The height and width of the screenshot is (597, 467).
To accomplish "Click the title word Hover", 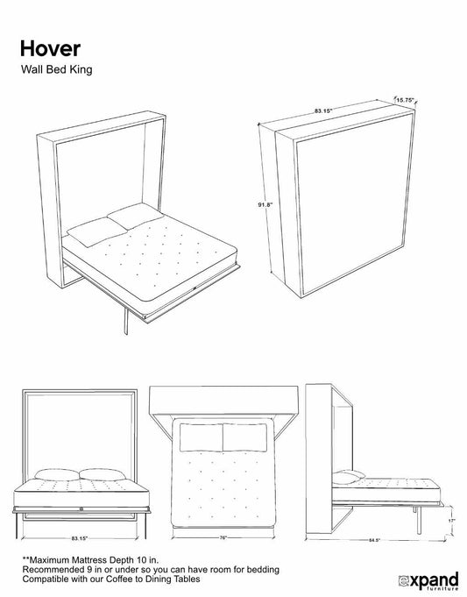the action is coord(50,49).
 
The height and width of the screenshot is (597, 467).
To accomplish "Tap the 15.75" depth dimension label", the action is coord(405,100).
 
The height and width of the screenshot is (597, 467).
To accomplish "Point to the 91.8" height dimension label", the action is coord(265,204).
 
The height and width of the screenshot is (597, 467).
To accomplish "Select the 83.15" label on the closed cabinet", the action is coord(323,110).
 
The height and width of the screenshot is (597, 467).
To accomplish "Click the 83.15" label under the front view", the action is coord(80,538).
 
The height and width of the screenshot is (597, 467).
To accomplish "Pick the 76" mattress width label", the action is coord(223,537).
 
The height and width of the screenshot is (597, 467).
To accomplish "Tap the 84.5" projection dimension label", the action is coord(374,540).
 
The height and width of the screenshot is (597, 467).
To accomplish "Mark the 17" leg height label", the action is coord(451,521).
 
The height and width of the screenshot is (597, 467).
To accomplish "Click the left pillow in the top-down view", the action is coord(201,437).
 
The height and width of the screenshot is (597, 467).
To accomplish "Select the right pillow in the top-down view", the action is coord(244,437).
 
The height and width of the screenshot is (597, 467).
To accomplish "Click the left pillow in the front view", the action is coord(57,474).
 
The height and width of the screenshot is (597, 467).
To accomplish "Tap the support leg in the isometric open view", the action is coord(126,321).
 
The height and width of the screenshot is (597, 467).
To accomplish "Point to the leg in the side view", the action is coord(419,520).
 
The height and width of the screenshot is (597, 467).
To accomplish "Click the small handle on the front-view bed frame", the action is coord(81,508).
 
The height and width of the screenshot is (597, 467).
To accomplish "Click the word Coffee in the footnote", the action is coord(119,579).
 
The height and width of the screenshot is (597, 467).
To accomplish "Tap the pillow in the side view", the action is coord(349,477).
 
